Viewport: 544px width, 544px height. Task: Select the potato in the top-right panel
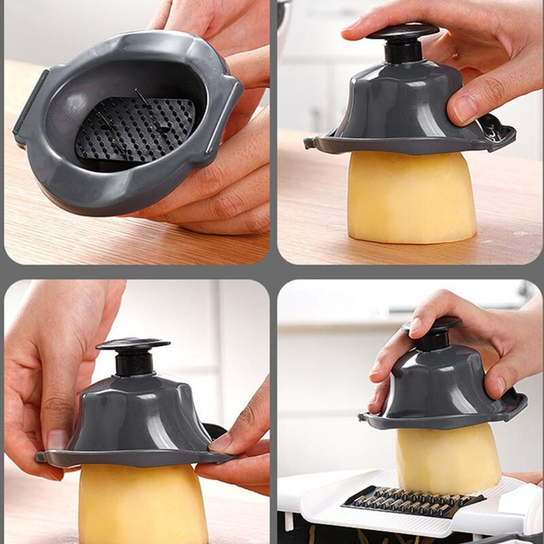(411, 197)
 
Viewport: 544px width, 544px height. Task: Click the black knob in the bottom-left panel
(133, 347)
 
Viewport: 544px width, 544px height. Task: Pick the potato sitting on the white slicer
(448, 459)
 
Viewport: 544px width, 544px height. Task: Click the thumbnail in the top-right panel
(464, 108)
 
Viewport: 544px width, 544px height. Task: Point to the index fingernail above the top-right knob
(354, 25)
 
